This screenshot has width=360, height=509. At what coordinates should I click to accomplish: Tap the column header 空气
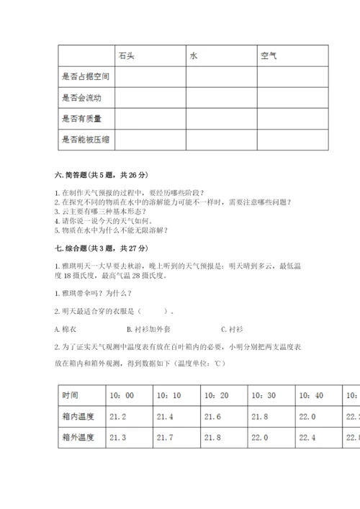tap(269, 55)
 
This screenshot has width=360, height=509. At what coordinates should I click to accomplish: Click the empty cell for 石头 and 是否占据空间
tap(150, 76)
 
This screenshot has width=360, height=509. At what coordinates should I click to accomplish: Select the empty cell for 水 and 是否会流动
tap(221, 97)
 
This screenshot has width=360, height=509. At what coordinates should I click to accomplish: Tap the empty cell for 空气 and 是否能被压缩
tap(292, 139)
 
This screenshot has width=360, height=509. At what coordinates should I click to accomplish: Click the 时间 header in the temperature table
tap(71, 395)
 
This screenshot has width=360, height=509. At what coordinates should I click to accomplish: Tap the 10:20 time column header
tap(216, 395)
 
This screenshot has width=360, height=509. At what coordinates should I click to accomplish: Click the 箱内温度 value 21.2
tap(117, 417)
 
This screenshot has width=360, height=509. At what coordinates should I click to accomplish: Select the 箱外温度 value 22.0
tap(261, 438)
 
